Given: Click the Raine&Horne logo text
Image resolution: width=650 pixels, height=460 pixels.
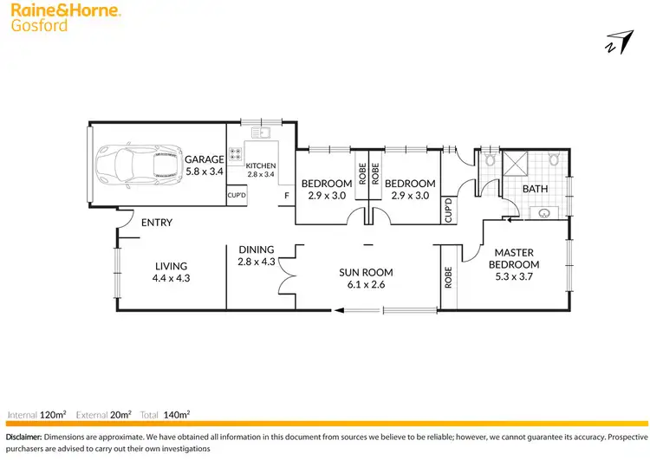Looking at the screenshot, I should click(x=65, y=11).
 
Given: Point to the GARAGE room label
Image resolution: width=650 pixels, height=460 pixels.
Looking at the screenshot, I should click(x=205, y=159).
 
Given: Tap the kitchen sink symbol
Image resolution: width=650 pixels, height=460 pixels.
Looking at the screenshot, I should click(x=260, y=133).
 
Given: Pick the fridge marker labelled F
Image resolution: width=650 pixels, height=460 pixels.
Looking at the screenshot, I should click(x=285, y=196).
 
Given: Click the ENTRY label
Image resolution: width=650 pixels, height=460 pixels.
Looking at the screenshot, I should click(x=157, y=223).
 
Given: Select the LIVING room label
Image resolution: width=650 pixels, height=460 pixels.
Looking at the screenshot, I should click(x=172, y=266).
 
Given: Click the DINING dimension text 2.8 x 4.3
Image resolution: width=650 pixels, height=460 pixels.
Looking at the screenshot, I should click(x=256, y=261).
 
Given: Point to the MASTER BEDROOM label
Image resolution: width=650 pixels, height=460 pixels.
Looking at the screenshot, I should click(x=514, y=258).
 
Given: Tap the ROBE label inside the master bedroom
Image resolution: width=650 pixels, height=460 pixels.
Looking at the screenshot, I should click(x=449, y=277).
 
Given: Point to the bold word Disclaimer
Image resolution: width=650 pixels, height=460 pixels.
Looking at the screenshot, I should click(x=23, y=437).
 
